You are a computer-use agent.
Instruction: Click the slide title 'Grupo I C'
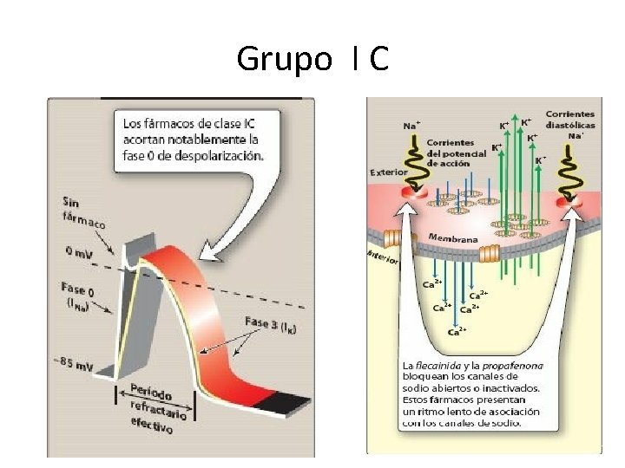(x=312, y=59)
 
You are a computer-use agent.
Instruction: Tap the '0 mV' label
(x=81, y=252)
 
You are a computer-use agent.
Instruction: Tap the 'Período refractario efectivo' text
(x=156, y=406)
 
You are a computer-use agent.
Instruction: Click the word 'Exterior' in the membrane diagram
(x=388, y=172)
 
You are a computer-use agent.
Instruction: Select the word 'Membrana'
(x=452, y=237)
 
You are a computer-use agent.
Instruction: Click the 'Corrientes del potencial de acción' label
(x=449, y=152)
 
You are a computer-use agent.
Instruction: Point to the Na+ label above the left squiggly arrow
(x=412, y=126)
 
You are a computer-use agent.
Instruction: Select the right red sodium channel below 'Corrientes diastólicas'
(x=572, y=202)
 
